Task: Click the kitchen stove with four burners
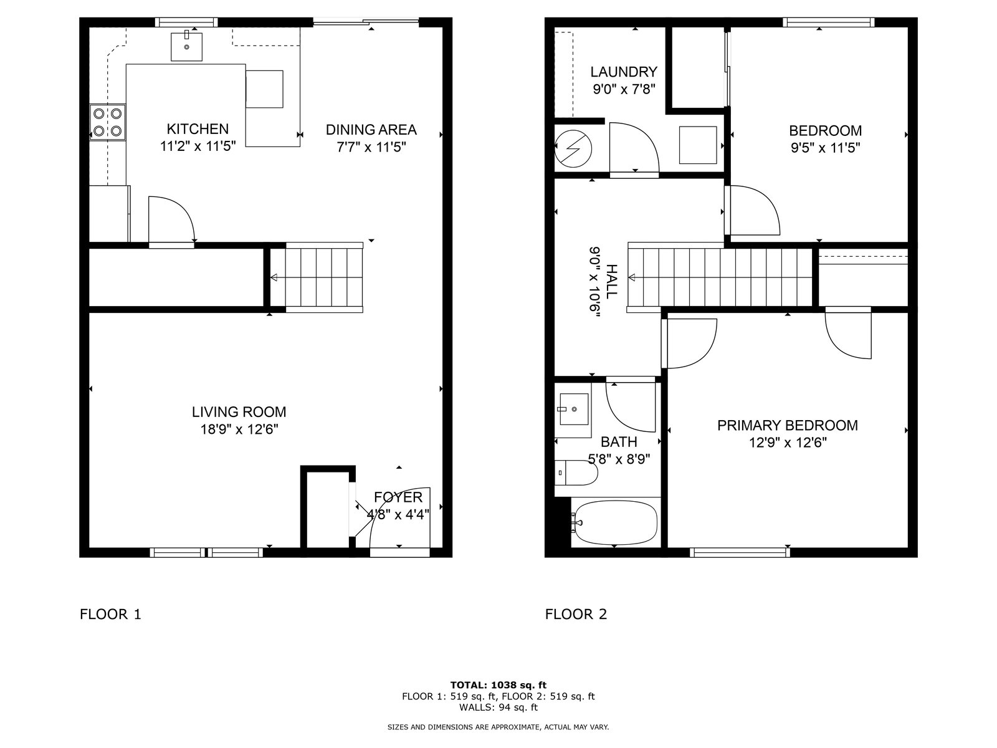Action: pos(108,122)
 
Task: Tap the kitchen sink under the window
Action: pos(186,46)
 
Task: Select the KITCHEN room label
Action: pos(198,129)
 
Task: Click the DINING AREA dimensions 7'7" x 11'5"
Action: pos(371,147)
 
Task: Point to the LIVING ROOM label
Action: pos(239,412)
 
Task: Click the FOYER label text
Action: pos(398,497)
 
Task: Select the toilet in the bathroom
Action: pos(576,472)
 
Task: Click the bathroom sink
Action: pos(573,409)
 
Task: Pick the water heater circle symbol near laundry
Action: pos(573,148)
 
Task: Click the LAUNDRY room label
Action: pos(624,72)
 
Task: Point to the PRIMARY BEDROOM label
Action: pos(787,426)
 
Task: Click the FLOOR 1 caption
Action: pos(110,614)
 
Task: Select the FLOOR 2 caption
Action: pos(576,614)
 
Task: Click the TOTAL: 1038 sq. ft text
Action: pos(499,685)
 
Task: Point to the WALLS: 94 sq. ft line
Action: pos(499,707)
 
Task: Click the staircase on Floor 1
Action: pos(317,277)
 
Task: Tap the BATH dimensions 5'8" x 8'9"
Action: pos(619,459)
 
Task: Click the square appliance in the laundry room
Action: pos(698,145)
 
